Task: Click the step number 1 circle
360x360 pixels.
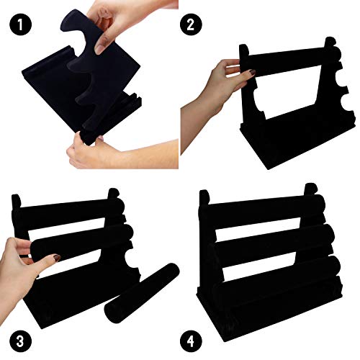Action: click(20, 24)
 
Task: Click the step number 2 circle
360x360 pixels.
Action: click(190, 24)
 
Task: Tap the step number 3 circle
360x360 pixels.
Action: click(20, 341)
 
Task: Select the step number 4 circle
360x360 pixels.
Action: click(191, 341)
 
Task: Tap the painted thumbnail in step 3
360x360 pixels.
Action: click(57, 258)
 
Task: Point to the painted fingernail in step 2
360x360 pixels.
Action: click(251, 72)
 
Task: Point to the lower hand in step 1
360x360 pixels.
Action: click(120, 153)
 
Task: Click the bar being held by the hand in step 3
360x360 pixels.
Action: click(81, 243)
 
